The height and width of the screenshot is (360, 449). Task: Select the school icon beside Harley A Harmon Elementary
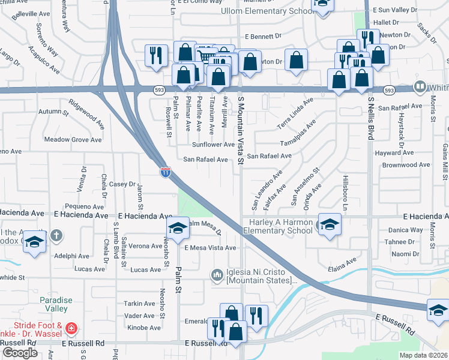[x=329, y=224]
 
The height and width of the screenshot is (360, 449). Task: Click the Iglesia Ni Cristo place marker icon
[x=217, y=275]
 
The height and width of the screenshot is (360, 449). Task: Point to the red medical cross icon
[x=71, y=329]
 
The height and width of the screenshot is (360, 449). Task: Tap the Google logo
[x=20, y=352]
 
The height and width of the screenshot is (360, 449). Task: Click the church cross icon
[x=56, y=235]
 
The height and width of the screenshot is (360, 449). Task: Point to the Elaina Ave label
[x=342, y=260]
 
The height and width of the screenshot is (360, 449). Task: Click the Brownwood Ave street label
[x=406, y=164]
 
